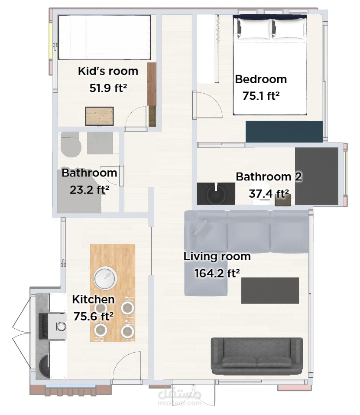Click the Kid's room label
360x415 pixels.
(x=108, y=71)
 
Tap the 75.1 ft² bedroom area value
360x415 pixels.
(x=261, y=96)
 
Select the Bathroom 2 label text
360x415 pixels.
(x=269, y=176)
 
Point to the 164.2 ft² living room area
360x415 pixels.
(x=217, y=273)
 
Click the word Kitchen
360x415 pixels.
(x=93, y=299)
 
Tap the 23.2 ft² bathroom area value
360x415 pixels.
(x=89, y=190)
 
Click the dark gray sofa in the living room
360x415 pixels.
(x=257, y=356)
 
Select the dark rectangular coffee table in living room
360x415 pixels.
(x=270, y=291)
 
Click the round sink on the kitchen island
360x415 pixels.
(x=105, y=278)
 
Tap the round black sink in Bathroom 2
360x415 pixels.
(x=216, y=194)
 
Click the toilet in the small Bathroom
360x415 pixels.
(x=71, y=145)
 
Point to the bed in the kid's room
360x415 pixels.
(x=104, y=37)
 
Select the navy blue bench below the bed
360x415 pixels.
(x=284, y=132)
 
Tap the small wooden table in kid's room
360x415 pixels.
(x=99, y=116)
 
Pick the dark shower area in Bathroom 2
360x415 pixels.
(x=317, y=176)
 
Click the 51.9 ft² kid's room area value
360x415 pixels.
(x=108, y=88)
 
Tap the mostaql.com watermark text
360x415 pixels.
(x=180, y=403)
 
